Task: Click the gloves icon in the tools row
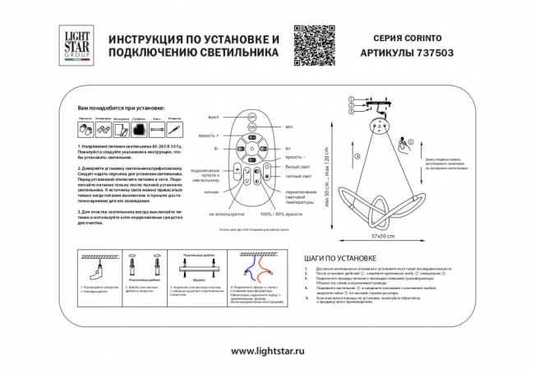85,130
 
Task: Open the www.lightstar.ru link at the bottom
268,351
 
